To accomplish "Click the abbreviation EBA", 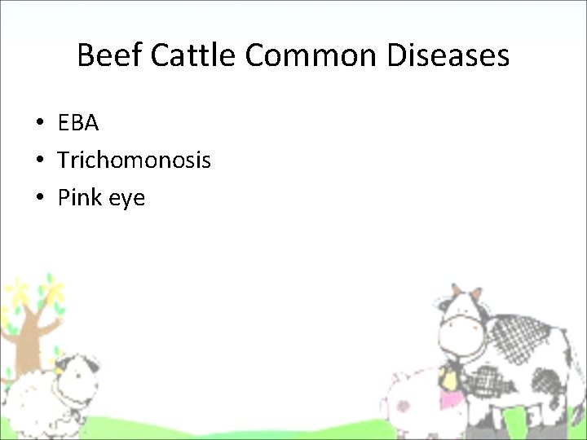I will (78, 123).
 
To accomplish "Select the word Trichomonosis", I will (134, 161).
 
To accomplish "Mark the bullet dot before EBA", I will (39, 124).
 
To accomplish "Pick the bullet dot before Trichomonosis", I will (39, 161).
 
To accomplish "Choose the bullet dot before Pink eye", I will (39, 198).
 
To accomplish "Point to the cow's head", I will (462, 326).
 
